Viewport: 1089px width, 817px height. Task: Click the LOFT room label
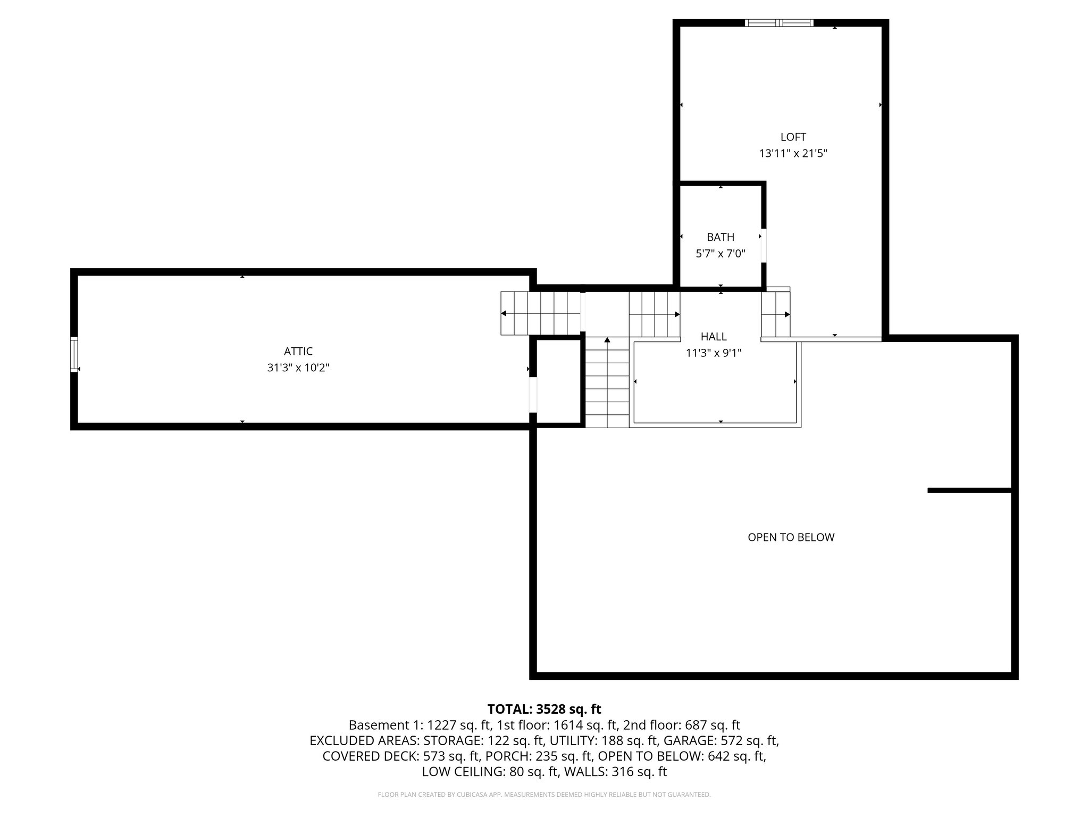point(793,137)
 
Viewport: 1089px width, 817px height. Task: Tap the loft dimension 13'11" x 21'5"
point(793,154)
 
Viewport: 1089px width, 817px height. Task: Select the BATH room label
point(720,237)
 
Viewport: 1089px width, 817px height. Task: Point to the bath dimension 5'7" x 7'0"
point(720,254)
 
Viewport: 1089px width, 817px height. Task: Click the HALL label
point(713,336)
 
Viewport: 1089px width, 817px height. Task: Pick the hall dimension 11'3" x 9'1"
point(713,353)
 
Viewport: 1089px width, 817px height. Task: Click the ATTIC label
point(298,351)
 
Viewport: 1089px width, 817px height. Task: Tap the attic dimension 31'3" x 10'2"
point(298,368)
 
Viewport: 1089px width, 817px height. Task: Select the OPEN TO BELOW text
point(791,537)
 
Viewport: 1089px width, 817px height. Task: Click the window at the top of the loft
point(779,23)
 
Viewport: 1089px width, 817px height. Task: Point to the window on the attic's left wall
point(74,354)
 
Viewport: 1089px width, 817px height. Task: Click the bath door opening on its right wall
point(764,245)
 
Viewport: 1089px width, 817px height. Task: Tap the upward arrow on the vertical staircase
point(607,340)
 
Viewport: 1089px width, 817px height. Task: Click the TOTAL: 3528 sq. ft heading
point(544,709)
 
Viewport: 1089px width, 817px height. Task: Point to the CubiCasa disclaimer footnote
point(544,795)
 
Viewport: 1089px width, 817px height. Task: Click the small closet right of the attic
point(558,381)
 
